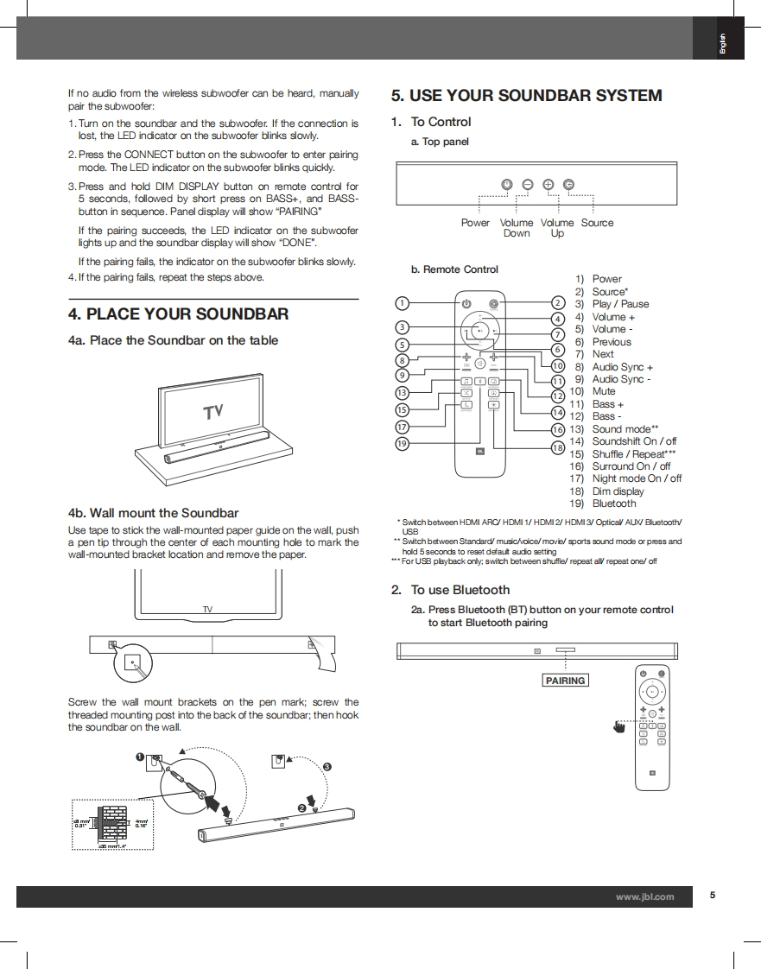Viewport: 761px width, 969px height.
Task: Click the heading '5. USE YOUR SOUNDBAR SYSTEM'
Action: (526, 96)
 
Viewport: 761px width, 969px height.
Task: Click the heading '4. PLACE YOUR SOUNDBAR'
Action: (178, 314)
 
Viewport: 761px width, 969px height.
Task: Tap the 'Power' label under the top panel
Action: (475, 223)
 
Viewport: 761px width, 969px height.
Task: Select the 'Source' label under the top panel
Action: (597, 223)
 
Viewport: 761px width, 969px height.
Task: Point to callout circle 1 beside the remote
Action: (402, 303)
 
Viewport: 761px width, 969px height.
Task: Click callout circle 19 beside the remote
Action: (402, 443)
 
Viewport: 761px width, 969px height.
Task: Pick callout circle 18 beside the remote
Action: (557, 447)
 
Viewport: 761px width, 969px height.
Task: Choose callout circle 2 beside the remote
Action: (557, 303)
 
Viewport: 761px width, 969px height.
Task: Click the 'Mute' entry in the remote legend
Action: (604, 391)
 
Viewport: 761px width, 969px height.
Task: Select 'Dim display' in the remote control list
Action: (618, 491)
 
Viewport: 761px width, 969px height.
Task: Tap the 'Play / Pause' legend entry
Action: (620, 304)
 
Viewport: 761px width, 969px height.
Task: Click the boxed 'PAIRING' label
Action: (565, 681)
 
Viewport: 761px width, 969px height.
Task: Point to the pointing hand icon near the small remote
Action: (618, 727)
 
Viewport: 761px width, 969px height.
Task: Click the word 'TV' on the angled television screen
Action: (213, 412)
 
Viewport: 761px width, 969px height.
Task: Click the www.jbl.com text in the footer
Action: (644, 897)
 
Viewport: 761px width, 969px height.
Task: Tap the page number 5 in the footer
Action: (713, 896)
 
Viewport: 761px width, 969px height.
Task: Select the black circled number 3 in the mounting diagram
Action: (327, 767)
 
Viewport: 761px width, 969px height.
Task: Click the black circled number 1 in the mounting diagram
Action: (140, 757)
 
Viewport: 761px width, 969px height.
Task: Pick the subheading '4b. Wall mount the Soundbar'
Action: (153, 513)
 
